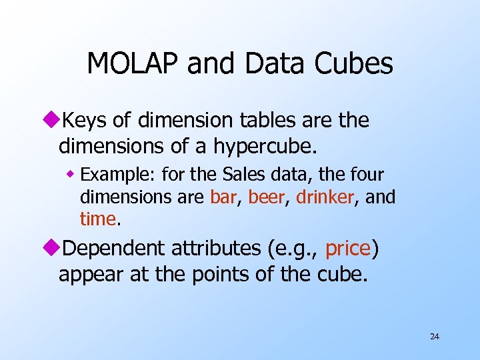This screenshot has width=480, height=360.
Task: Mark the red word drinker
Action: pos(324,197)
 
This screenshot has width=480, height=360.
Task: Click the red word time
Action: pos(97,219)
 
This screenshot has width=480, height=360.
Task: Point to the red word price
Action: pos(347,249)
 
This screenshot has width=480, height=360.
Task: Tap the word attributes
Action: pos(216,249)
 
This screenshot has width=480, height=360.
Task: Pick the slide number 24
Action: pos(434,337)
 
